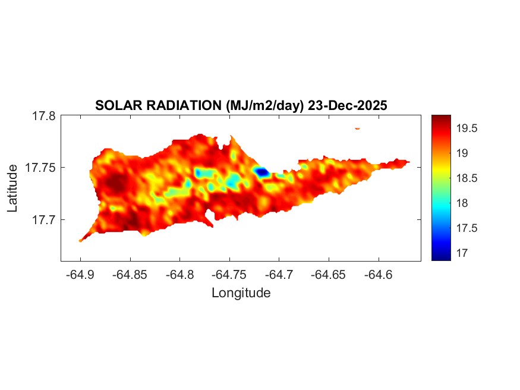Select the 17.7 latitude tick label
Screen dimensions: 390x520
44,219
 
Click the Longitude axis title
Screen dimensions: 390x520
241,293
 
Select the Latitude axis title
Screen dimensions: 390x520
13,188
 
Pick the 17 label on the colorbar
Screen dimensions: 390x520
461,253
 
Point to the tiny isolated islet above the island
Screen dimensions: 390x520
358,128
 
